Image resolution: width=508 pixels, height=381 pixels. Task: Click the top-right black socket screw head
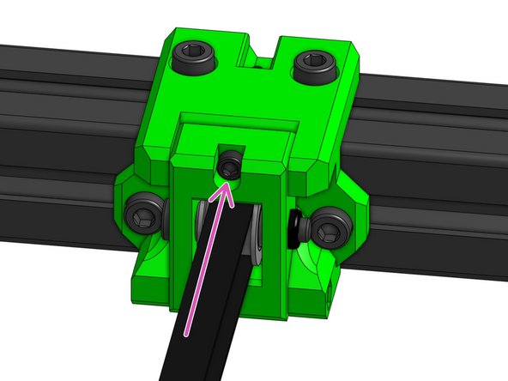coord(313,64)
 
